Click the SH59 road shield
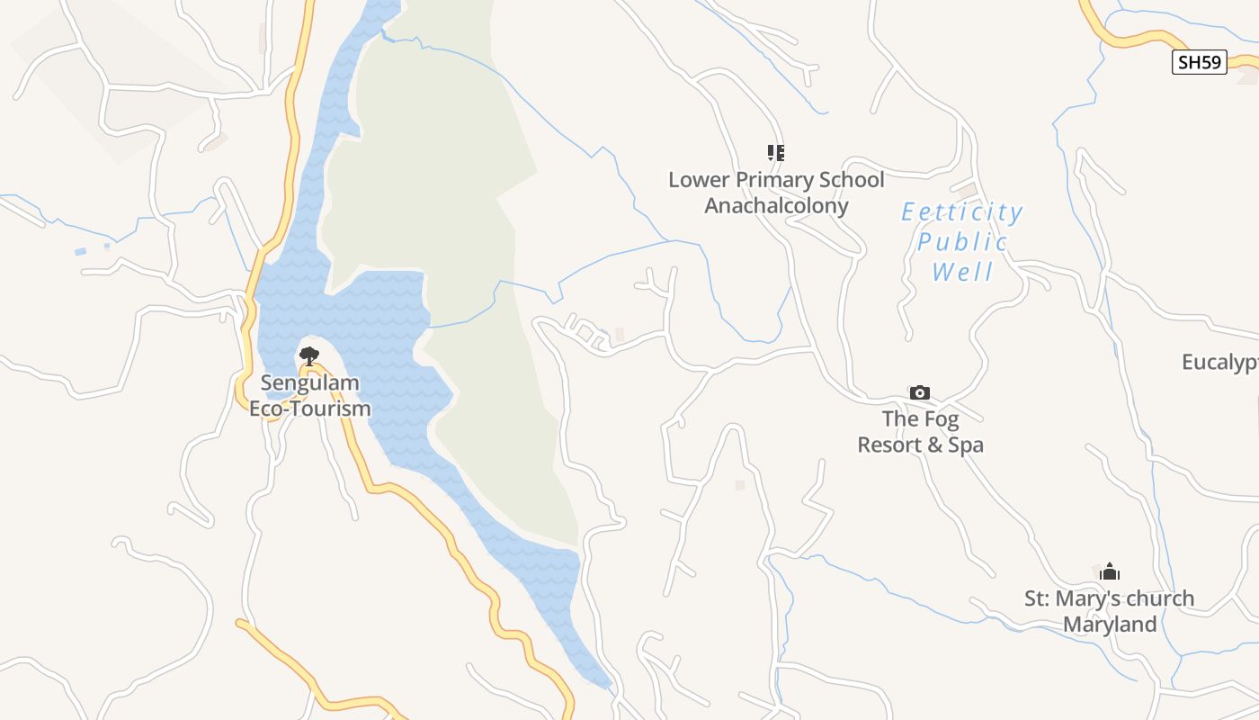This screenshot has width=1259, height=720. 1200,62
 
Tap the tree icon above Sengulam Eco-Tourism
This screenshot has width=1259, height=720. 308,355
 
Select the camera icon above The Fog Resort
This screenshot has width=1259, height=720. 919,392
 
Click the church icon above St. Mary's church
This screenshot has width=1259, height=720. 1110,571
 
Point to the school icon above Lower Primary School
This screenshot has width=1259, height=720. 775,152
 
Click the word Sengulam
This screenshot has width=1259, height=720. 298,383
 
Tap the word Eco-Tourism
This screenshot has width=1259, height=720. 310,409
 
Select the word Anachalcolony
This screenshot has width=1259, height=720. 776,205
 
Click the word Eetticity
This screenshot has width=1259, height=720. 962,212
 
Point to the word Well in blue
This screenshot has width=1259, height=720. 962,272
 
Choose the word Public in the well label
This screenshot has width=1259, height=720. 962,242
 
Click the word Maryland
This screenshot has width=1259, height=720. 1110,625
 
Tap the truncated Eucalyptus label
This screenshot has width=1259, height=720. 1219,363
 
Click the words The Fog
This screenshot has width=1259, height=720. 920,418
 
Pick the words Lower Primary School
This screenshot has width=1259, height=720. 776,180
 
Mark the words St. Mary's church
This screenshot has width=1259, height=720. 1110,598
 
